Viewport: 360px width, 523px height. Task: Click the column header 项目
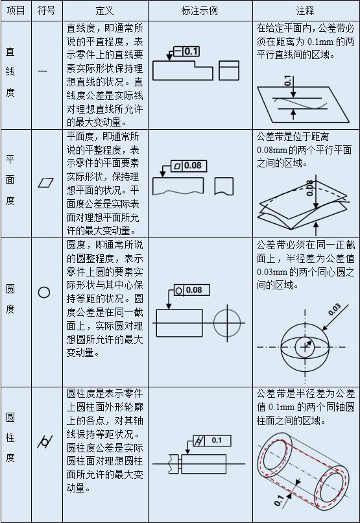tap(16, 12)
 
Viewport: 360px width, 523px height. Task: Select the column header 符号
tap(46, 12)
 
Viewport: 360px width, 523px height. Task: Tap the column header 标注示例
tap(200, 12)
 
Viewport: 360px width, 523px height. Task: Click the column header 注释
tap(306, 12)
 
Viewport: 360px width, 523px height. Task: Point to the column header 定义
tap(104, 12)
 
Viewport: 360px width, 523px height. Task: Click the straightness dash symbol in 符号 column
tap(43, 71)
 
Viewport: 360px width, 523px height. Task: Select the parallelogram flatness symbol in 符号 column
tap(45, 182)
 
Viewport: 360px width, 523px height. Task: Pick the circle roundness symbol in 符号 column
tap(43, 292)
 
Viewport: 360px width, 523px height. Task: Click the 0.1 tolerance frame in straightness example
tap(187, 51)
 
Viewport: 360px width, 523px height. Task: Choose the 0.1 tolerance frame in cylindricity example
tap(209, 441)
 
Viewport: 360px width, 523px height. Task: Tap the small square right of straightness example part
tap(229, 69)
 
